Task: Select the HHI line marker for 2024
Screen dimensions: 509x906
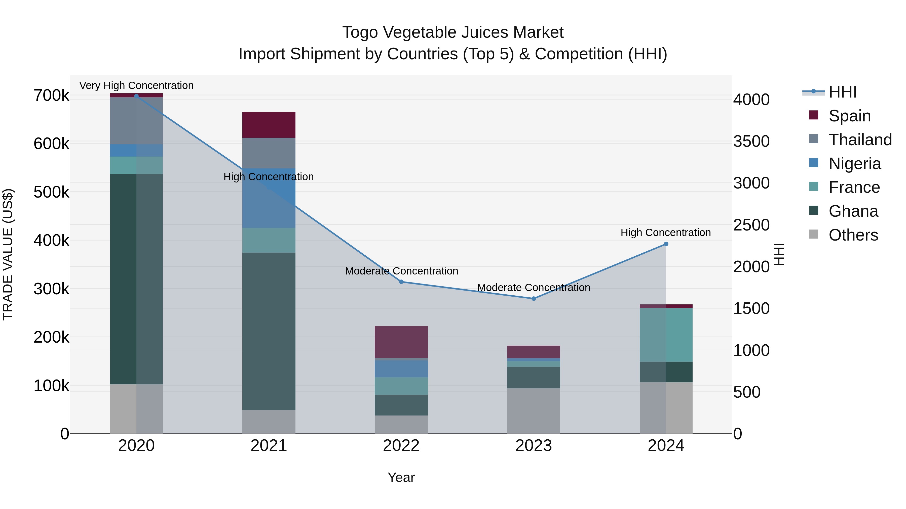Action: coord(666,244)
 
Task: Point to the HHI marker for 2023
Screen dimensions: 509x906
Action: coord(534,299)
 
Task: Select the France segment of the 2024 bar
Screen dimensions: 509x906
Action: coord(666,335)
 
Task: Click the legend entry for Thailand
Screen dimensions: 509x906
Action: coord(860,140)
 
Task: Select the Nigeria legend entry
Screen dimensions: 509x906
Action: coord(854,163)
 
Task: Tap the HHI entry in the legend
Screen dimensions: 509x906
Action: coord(842,92)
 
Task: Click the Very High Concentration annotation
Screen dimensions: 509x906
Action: coord(136,85)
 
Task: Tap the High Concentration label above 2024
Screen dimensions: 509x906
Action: coord(665,233)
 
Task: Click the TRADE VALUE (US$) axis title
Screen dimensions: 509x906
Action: coord(8,254)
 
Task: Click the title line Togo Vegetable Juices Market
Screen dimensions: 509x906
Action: coord(453,32)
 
